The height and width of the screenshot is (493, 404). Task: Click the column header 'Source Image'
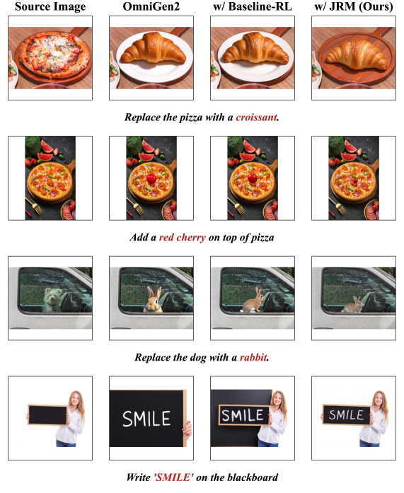pyautogui.click(x=50, y=6)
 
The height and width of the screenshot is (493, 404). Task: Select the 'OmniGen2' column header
pyautogui.click(x=151, y=6)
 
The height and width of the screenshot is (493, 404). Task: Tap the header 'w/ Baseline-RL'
pyautogui.click(x=253, y=6)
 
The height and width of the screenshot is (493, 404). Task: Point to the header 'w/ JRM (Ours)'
pyautogui.click(x=354, y=6)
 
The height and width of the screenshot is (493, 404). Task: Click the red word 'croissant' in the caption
pyautogui.click(x=256, y=117)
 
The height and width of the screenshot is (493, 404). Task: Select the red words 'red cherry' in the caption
pyautogui.click(x=183, y=237)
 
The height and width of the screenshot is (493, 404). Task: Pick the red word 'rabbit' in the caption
pyautogui.click(x=253, y=357)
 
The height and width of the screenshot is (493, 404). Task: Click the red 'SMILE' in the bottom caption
pyautogui.click(x=174, y=477)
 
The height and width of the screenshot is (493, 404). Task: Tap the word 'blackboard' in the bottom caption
pyautogui.click(x=253, y=477)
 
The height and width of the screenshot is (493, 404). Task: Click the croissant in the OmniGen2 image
pyautogui.click(x=154, y=49)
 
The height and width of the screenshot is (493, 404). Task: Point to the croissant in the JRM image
pyautogui.click(x=356, y=54)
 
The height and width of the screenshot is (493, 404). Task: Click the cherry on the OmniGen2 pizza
pyautogui.click(x=151, y=178)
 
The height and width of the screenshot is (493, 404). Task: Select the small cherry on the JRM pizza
pyautogui.click(x=355, y=180)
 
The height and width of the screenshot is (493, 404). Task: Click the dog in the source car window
pyautogui.click(x=51, y=299)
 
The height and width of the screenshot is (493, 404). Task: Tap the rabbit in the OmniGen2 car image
pyautogui.click(x=154, y=300)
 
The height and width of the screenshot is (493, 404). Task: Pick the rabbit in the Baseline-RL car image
pyautogui.click(x=255, y=301)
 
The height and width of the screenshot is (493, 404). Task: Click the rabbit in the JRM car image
pyautogui.click(x=353, y=305)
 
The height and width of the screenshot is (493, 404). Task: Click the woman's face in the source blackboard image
pyautogui.click(x=75, y=399)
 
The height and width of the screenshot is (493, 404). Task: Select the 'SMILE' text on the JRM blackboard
pyautogui.click(x=346, y=415)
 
